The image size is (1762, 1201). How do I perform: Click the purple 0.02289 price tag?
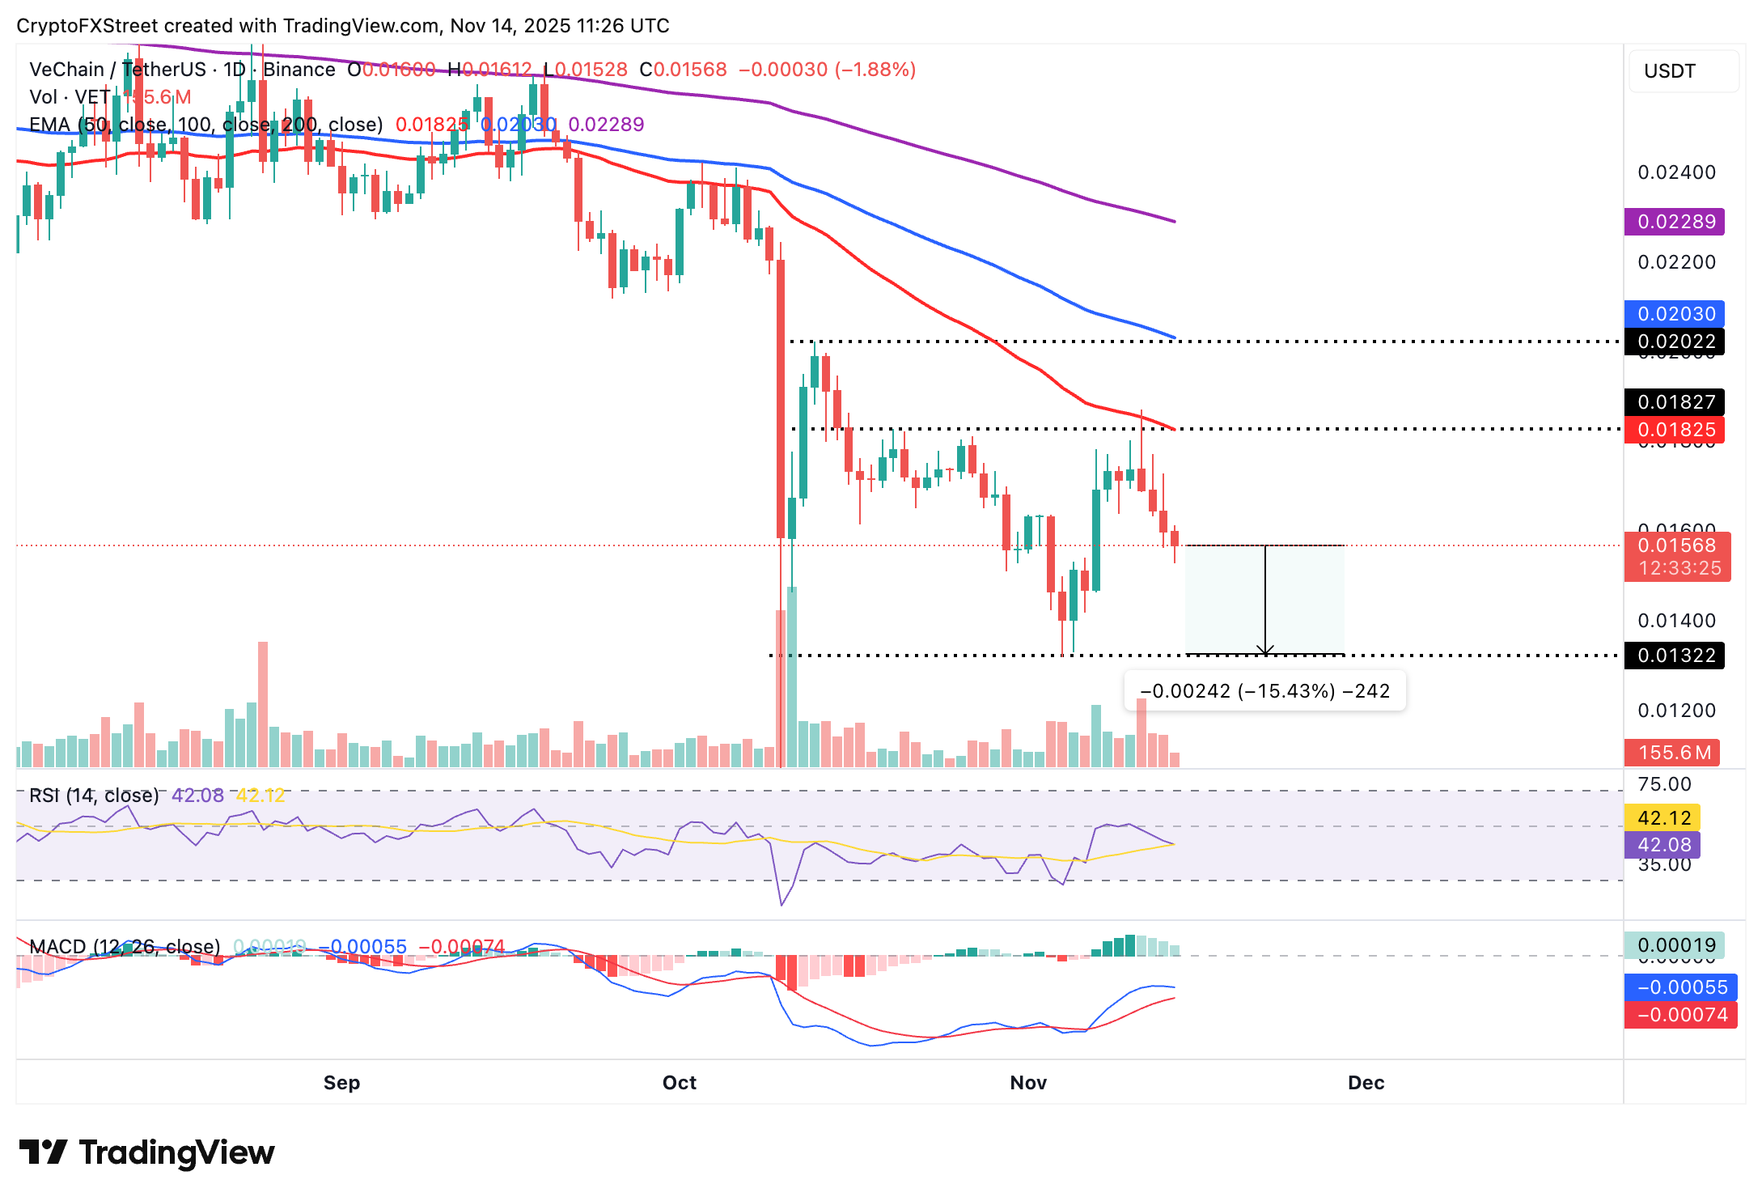click(1674, 222)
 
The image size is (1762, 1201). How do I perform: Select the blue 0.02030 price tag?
click(1674, 314)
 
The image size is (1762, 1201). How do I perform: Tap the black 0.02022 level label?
click(1674, 342)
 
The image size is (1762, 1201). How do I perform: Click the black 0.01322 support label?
click(1674, 656)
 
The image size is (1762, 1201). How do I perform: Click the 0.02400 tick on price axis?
click(1676, 172)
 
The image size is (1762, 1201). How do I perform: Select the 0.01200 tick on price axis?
click(1676, 711)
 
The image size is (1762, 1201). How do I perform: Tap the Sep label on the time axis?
click(341, 1083)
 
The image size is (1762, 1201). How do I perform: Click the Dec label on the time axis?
click(1366, 1083)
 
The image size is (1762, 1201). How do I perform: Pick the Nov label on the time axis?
click(1028, 1083)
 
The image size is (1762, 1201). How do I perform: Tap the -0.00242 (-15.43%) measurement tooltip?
click(1264, 691)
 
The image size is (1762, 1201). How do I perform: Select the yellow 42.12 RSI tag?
click(1662, 818)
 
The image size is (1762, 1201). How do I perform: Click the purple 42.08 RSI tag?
click(1662, 845)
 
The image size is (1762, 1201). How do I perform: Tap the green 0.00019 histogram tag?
click(1674, 945)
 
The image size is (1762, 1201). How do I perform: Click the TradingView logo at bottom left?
click(146, 1152)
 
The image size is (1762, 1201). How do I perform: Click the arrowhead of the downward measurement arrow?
click(1265, 651)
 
